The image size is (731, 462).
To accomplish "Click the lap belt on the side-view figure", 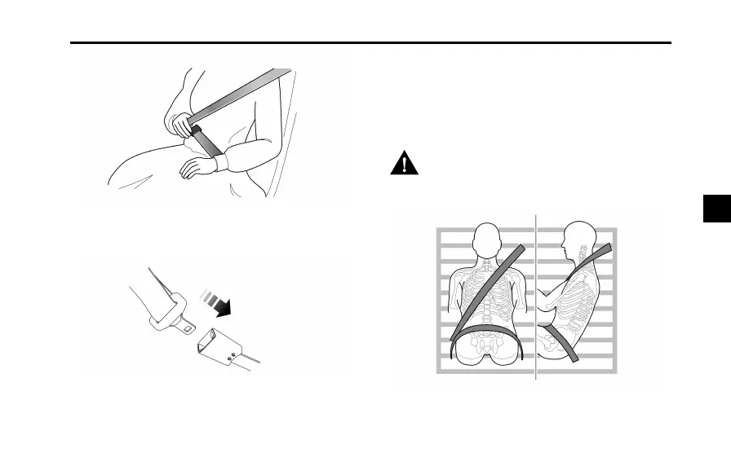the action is [558, 333].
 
